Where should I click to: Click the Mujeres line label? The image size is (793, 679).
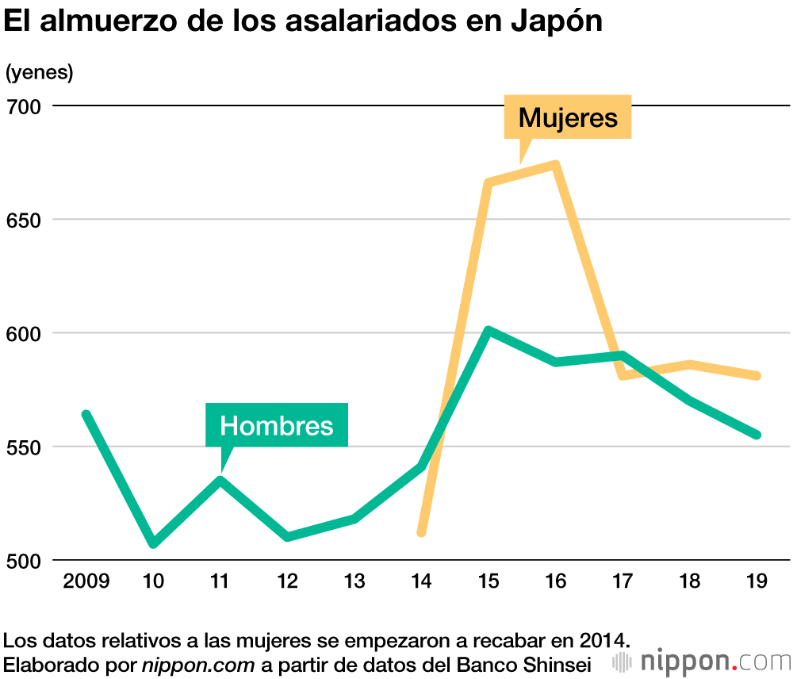pyautogui.click(x=568, y=118)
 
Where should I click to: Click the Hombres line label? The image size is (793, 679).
pyautogui.click(x=277, y=426)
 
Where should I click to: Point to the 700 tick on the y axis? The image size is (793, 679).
pyautogui.click(x=24, y=105)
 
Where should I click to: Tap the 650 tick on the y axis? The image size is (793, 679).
pyautogui.click(x=24, y=220)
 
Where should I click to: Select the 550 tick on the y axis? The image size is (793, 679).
pyautogui.click(x=24, y=447)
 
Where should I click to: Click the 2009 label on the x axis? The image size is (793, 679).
pyautogui.click(x=86, y=581)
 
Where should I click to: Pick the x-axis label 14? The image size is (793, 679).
pyautogui.click(x=422, y=581)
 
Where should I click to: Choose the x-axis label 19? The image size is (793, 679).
pyautogui.click(x=757, y=581)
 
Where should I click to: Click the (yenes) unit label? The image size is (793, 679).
pyautogui.click(x=39, y=72)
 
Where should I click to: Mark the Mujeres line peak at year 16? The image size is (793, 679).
pyautogui.click(x=556, y=165)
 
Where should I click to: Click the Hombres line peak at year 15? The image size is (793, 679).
pyautogui.click(x=489, y=330)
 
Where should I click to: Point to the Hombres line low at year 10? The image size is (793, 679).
pyautogui.click(x=153, y=544)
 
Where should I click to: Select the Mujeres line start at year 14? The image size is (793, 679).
pyautogui.click(x=422, y=531)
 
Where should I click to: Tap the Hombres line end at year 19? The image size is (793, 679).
pyautogui.click(x=757, y=435)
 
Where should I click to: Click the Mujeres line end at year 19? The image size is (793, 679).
pyautogui.click(x=757, y=376)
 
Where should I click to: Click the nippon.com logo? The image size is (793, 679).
pyautogui.click(x=703, y=661)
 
